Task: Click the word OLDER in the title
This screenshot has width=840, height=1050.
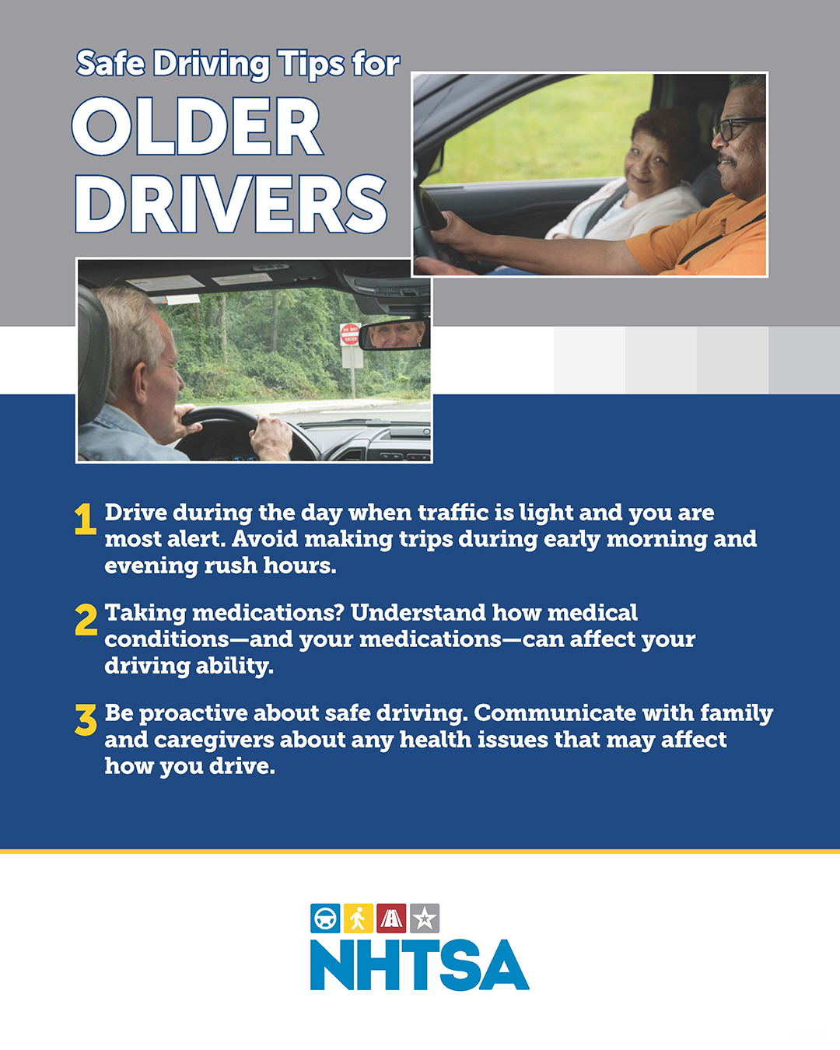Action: [x=197, y=126]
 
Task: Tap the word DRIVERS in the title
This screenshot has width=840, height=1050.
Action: [x=231, y=204]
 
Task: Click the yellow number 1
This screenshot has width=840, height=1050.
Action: [x=85, y=519]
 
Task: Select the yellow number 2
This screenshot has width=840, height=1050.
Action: [x=86, y=620]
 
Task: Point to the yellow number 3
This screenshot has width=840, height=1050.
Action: [x=86, y=719]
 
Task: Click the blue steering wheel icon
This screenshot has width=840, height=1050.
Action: [x=325, y=919]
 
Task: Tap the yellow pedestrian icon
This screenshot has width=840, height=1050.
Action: [x=359, y=919]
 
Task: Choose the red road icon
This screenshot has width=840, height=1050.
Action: [x=391, y=919]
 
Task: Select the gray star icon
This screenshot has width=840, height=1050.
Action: [x=425, y=919]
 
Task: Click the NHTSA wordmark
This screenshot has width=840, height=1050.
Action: [x=420, y=966]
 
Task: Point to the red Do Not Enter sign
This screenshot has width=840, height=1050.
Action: [x=349, y=334]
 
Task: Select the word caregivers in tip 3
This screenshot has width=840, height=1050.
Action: [x=214, y=740]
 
